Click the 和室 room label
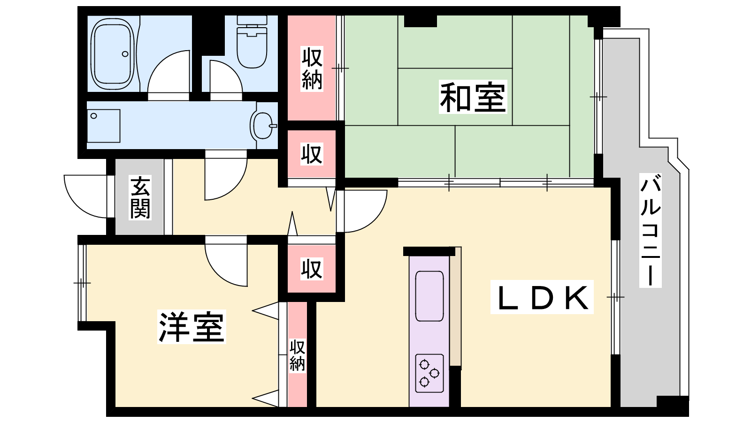pyautogui.click(x=473, y=97)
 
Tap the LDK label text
pyautogui.click(x=542, y=297)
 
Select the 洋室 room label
pyautogui.click(x=192, y=327)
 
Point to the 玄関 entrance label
pyautogui.click(x=140, y=197)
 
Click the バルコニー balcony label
pyautogui.click(x=650, y=230)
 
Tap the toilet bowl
pyautogui.click(x=252, y=42)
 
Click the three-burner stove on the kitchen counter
pyautogui.click(x=429, y=373)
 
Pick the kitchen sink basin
pyautogui.click(x=429, y=296)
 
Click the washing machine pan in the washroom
pyautogui.click(x=104, y=126)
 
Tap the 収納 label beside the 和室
pyautogui.click(x=312, y=69)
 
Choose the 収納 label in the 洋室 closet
pyautogui.click(x=297, y=356)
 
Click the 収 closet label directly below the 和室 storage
pyautogui.click(x=312, y=154)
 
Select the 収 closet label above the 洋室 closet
pyautogui.click(x=312, y=269)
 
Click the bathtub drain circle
pyautogui.click(x=125, y=54)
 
